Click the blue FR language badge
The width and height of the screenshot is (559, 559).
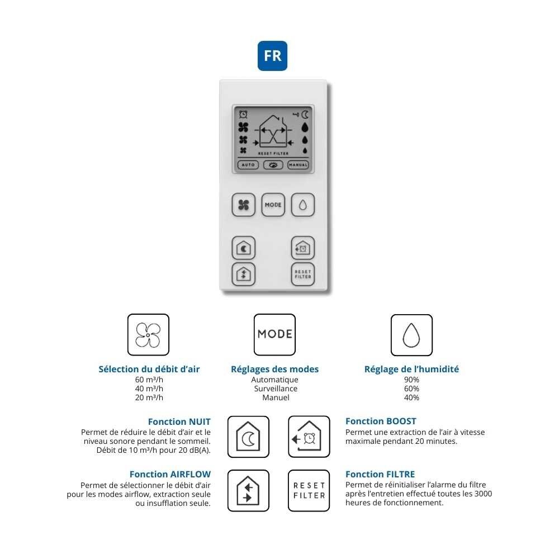[x=272, y=56]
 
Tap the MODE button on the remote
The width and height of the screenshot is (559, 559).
[x=273, y=205]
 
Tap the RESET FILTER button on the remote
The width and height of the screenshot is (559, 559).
[x=302, y=274]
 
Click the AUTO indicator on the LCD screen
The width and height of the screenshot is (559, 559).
[x=248, y=165]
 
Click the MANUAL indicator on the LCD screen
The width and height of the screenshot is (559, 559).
[x=298, y=165]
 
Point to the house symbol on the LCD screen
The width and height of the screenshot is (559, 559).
[x=273, y=134]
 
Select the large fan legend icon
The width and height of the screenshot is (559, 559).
[x=148, y=335]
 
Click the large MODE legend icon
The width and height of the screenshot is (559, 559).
[x=274, y=335]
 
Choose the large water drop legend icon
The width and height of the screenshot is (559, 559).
[x=411, y=335]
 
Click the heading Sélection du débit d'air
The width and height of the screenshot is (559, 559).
[x=149, y=369]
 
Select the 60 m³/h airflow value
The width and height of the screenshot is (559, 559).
[x=149, y=380]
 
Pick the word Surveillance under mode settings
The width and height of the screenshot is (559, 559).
[x=275, y=389]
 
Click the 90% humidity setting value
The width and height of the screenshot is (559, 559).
[x=412, y=380]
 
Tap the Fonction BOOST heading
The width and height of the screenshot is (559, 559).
[x=381, y=421]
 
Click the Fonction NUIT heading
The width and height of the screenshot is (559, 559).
[x=179, y=421]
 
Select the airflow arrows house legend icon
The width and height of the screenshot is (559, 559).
[x=248, y=490]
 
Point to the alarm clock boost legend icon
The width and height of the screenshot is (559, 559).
[x=309, y=437]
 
